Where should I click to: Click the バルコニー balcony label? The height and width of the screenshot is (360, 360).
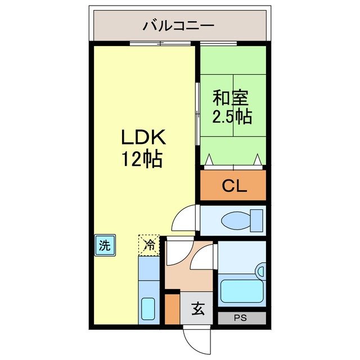[178, 25]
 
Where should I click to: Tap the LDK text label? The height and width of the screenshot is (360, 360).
[142, 137]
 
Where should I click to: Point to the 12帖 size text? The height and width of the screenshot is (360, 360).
[142, 160]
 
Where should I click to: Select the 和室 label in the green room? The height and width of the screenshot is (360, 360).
[231, 98]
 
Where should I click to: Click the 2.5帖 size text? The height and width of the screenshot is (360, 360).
[231, 117]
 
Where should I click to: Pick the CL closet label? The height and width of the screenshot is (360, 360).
[233, 186]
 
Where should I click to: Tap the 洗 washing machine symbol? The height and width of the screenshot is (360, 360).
[105, 245]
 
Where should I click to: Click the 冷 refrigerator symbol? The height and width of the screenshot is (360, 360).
[149, 245]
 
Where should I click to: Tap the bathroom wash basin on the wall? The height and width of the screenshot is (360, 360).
[260, 272]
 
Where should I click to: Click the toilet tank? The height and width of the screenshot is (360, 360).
[257, 220]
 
